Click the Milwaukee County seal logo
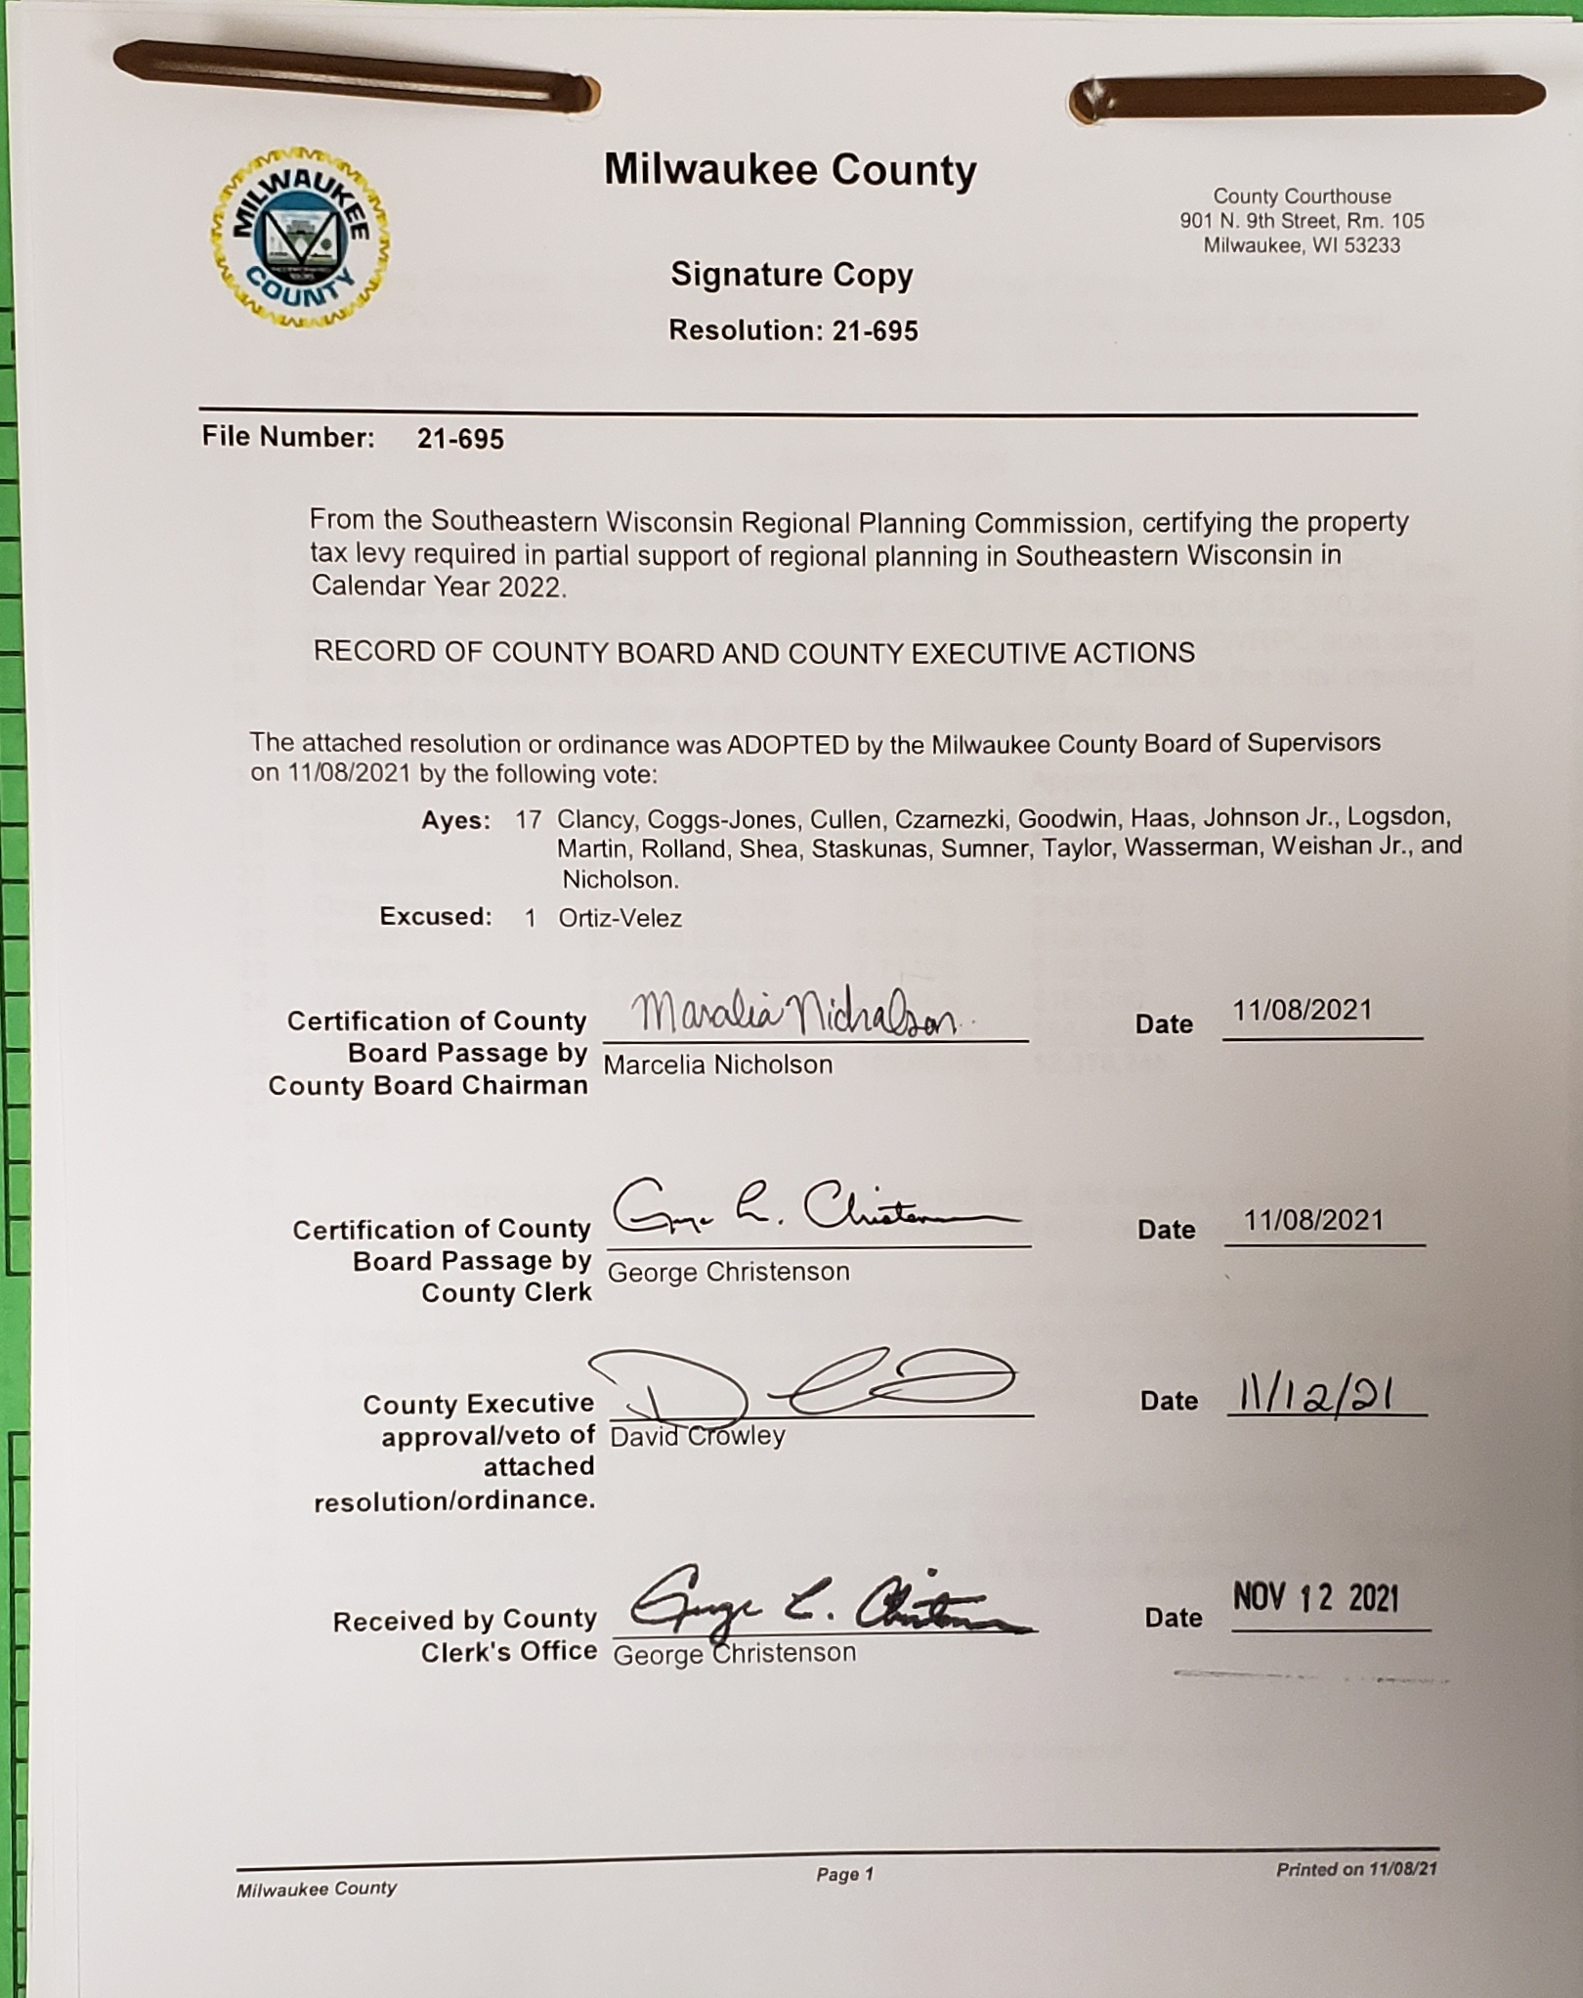[x=300, y=238]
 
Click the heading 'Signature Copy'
[x=791, y=276]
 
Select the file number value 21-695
[x=460, y=439]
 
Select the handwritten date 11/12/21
[x=1315, y=1396]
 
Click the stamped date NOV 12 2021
[x=1315, y=1598]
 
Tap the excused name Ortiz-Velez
[x=620, y=918]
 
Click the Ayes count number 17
[x=528, y=819]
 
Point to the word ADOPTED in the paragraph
[x=788, y=745]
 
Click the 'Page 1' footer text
[x=845, y=1874]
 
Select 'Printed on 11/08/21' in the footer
[x=1356, y=1870]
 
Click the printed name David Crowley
[x=697, y=1436]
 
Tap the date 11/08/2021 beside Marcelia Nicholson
[x=1302, y=1010]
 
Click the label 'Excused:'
[x=436, y=917]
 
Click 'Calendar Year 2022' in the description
[x=437, y=586]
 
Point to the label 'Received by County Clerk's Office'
[x=465, y=1635]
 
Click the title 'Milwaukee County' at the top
[x=790, y=170]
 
